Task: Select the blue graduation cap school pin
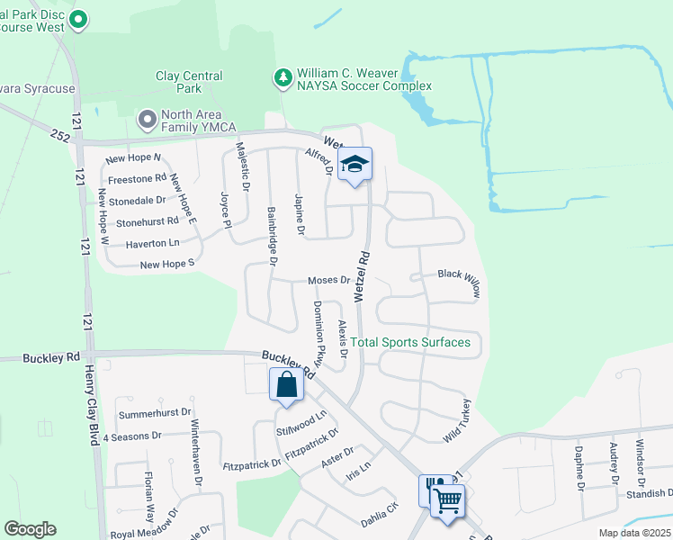pos(354,165)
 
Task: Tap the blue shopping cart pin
pos(447,498)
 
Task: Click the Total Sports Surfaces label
pos(410,342)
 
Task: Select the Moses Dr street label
pos(328,281)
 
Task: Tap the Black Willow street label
pos(460,282)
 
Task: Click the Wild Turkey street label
pos(457,419)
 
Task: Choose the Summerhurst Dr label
pos(155,414)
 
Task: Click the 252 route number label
pos(61,135)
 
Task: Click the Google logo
pos(30,529)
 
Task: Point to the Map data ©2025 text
pos(633,533)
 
